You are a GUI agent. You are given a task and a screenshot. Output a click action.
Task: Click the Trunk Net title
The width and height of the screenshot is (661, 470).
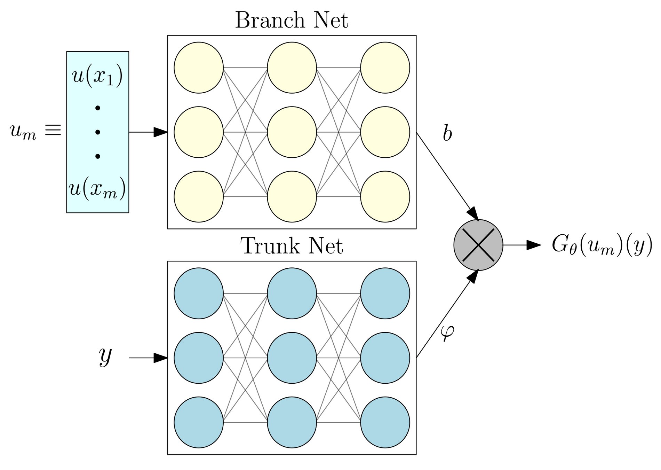pos(292,246)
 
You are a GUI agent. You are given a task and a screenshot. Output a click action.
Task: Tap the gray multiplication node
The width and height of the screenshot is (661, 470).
pos(478,245)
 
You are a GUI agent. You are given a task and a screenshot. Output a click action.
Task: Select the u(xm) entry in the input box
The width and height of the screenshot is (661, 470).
pos(97,190)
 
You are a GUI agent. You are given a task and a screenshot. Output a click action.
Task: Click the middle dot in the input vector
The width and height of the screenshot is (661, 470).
pos(98,132)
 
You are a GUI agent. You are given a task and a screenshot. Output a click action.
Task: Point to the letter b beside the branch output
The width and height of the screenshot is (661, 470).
pos(447,133)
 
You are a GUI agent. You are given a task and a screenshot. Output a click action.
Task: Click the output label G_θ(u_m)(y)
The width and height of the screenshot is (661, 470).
pos(602,245)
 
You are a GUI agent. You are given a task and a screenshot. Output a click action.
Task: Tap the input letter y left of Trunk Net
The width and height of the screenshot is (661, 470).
pos(105,356)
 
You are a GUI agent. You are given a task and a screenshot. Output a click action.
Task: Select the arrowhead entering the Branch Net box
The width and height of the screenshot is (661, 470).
pos(161,132)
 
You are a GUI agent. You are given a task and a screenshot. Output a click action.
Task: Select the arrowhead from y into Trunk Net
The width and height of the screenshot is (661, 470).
pos(161,358)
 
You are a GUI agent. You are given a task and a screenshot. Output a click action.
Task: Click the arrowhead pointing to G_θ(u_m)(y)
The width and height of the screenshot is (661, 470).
pos(534,245)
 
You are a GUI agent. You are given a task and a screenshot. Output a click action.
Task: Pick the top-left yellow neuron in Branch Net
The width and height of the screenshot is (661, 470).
pos(199,68)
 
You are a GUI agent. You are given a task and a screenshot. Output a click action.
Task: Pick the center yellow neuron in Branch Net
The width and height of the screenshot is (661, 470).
pos(292,132)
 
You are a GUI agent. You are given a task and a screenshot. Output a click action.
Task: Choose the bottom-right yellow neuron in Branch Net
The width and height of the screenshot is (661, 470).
pos(385,196)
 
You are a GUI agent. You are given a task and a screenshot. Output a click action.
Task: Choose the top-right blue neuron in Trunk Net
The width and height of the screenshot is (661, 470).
pos(385,293)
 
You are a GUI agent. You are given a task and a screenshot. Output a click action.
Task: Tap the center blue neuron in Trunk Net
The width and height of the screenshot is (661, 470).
pos(292,358)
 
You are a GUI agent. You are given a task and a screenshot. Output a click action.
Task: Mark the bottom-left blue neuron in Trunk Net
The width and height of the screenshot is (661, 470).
pos(199,422)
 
